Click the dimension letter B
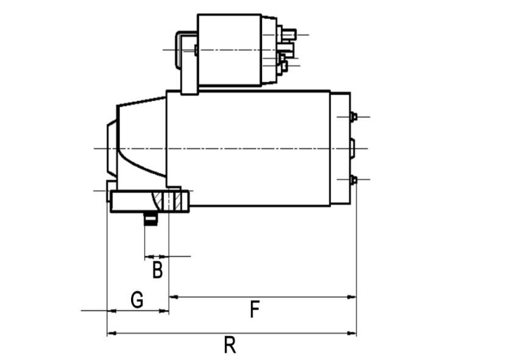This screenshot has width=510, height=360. click(x=157, y=270)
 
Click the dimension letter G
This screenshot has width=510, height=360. click(x=137, y=300)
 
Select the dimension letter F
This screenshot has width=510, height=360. click(x=255, y=309)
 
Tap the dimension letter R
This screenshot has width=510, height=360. click(x=230, y=345)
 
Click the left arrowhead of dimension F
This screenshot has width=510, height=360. click(x=174, y=297)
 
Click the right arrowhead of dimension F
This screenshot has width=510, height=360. click(x=352, y=297)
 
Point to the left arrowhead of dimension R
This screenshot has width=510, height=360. click(x=112, y=333)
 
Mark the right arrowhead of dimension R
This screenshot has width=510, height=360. click(x=352, y=333)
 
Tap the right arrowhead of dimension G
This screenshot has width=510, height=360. click(x=164, y=311)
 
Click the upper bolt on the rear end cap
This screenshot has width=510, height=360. click(x=353, y=116)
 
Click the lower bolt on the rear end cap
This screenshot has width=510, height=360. click(x=353, y=180)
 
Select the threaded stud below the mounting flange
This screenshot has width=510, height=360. click(x=151, y=218)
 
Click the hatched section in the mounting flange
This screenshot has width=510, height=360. click(x=166, y=201)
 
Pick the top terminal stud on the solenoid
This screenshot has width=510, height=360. click(x=289, y=34)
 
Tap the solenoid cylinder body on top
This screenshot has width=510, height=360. click(x=229, y=51)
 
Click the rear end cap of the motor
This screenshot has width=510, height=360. click(x=340, y=149)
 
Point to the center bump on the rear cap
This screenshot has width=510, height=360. click(x=352, y=149)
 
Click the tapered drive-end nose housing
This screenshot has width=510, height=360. click(x=141, y=143)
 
